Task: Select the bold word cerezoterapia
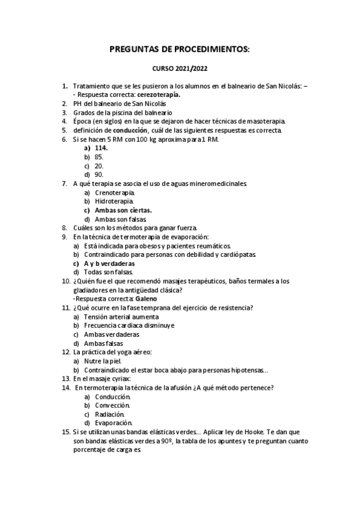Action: [x=159, y=94]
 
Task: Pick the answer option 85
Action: [x=99, y=156]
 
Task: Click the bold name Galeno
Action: [x=147, y=298]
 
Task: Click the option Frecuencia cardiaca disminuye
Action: [x=129, y=325]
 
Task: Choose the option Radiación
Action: [x=110, y=414]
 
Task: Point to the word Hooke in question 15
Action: [x=250, y=432]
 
